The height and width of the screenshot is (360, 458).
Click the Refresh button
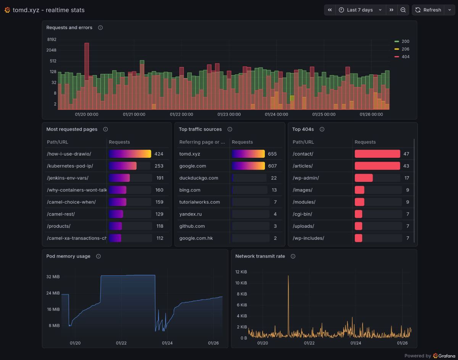point(428,10)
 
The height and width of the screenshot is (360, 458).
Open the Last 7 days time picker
point(360,10)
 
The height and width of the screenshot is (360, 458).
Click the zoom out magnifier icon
point(403,10)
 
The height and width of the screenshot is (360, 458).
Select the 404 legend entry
point(405,57)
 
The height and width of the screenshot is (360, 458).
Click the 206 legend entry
point(405,49)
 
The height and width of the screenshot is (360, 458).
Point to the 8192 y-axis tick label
point(52,40)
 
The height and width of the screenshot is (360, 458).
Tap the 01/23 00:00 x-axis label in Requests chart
point(229,114)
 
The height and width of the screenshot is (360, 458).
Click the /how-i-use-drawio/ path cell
point(69,154)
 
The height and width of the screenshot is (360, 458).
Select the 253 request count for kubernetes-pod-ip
point(159,166)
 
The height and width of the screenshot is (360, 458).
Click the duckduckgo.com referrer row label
point(198,178)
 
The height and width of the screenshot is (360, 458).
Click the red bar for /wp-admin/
point(363,178)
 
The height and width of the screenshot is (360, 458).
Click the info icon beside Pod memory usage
point(98,256)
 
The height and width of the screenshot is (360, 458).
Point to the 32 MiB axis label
point(53,277)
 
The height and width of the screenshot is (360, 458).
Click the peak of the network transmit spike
point(288,276)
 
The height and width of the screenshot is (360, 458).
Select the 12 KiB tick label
point(241,272)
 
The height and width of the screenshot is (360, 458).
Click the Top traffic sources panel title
point(200,129)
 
